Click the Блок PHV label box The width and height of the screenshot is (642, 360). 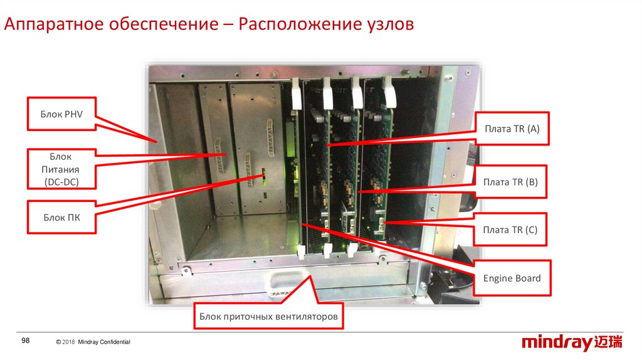(x=61, y=114)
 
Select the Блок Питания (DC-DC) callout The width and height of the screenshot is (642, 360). (x=61, y=169)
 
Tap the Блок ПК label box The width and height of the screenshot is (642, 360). (x=61, y=218)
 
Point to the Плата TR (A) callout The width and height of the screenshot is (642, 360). (x=512, y=129)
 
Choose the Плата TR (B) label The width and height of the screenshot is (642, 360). (x=511, y=182)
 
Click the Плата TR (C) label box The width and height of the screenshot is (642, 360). (x=511, y=230)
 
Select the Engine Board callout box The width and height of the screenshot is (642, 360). (x=512, y=278)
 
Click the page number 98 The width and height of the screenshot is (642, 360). (x=26, y=341)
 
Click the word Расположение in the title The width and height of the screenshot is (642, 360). (x=297, y=25)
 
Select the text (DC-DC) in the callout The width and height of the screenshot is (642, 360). (x=61, y=182)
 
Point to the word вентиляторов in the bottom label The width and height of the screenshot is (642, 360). (x=307, y=317)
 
